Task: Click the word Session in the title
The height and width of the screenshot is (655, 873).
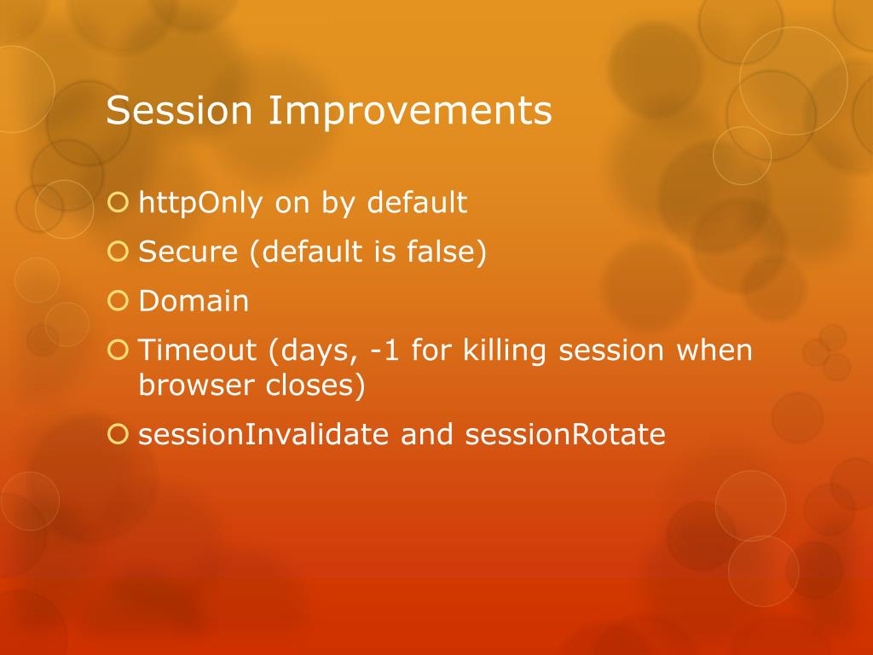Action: [x=179, y=110]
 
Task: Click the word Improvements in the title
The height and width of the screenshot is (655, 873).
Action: [x=410, y=110]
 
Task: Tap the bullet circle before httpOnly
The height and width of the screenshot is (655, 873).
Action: [x=118, y=202]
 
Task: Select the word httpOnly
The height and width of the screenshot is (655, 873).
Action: [x=199, y=203]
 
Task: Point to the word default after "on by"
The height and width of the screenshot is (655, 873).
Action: [x=417, y=201]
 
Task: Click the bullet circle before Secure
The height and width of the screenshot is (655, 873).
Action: [x=118, y=252]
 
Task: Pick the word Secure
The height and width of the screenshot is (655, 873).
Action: [x=188, y=252]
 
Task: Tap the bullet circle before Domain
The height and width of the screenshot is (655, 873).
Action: [x=118, y=301]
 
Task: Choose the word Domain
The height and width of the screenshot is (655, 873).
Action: [x=194, y=301]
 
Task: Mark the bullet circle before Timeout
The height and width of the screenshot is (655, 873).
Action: [x=118, y=350]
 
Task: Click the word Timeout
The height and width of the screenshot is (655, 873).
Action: [x=197, y=350]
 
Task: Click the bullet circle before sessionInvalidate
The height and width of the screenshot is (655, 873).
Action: [x=118, y=434]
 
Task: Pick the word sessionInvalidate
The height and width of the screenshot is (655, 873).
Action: [x=263, y=434]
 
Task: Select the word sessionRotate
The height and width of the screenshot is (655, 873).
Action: [x=565, y=434]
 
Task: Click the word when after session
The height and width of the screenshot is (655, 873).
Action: [x=714, y=350]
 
